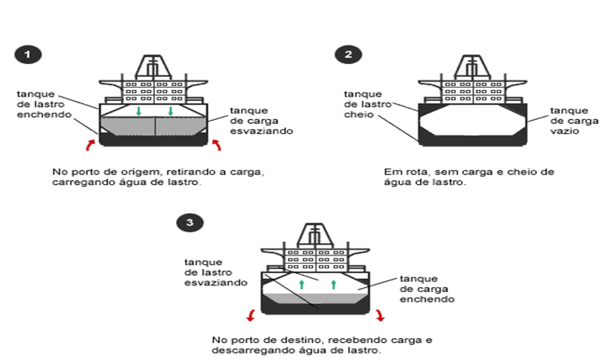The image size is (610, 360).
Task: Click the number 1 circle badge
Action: [28, 55]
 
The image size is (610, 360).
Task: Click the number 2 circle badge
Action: [347, 55]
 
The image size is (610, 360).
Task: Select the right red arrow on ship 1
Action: [217, 145]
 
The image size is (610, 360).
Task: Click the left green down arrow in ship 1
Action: [140, 110]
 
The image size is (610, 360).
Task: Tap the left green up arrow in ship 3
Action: [301, 285]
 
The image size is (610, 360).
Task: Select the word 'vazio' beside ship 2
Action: [565, 131]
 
